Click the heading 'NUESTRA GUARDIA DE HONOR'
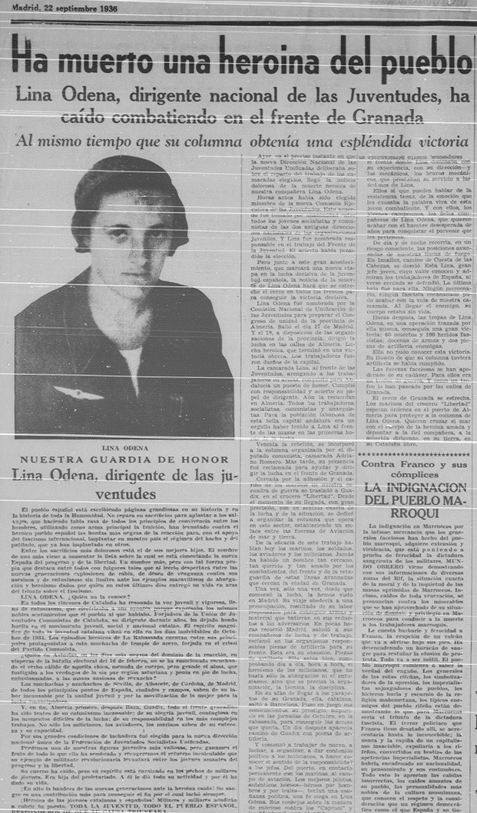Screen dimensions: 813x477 (125, 460)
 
